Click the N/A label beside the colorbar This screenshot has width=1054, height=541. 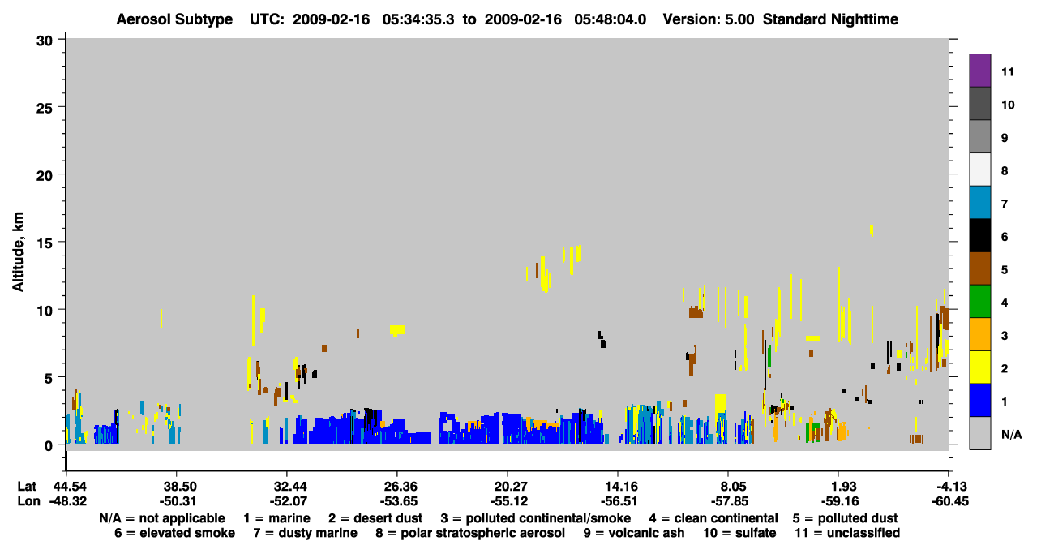pos(1011,434)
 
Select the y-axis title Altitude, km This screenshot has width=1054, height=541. pos(17,251)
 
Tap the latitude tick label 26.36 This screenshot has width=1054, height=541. pos(397,486)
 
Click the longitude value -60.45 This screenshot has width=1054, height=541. pos(949,501)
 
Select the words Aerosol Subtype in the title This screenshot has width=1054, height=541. pos(174,19)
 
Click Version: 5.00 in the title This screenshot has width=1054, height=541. pos(708,19)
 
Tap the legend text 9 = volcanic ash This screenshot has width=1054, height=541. pos(634,533)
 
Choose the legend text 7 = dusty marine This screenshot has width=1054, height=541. pos(306,533)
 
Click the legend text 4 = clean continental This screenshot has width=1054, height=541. pos(713,518)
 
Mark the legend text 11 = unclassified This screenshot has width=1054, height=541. pos(847,533)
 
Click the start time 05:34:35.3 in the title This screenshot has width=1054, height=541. pos(418,19)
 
